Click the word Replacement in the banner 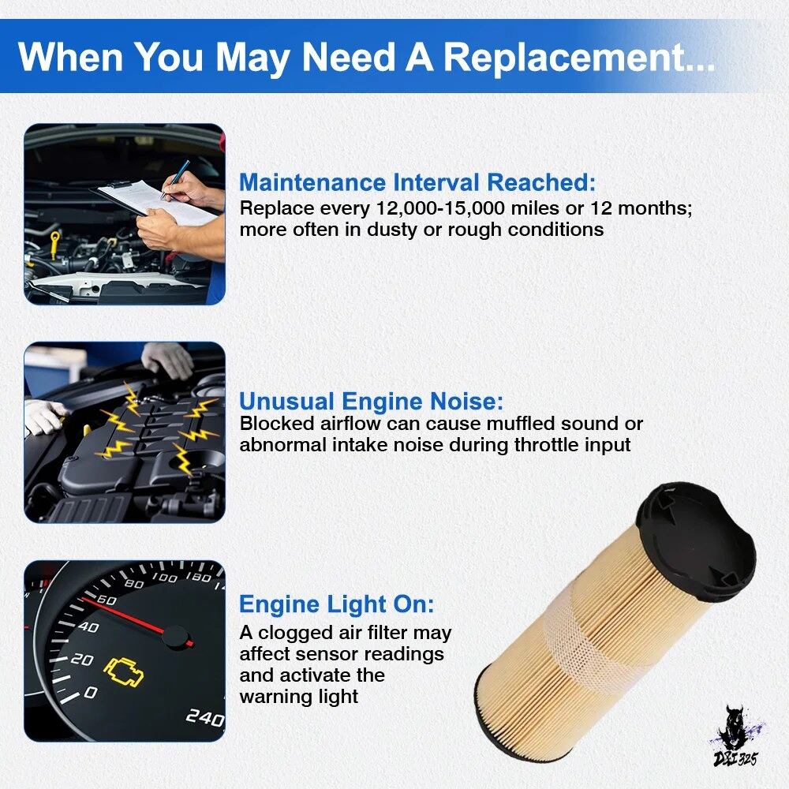tap(578, 56)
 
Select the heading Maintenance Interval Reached tap(417, 182)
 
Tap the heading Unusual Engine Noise tap(371, 401)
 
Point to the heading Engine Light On tap(336, 604)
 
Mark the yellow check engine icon tap(123, 672)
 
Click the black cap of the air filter tap(696, 541)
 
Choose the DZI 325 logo tap(736, 739)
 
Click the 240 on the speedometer tap(204, 717)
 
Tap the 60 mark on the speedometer tap(107, 600)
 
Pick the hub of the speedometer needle tap(175, 637)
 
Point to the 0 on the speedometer tap(90, 693)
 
